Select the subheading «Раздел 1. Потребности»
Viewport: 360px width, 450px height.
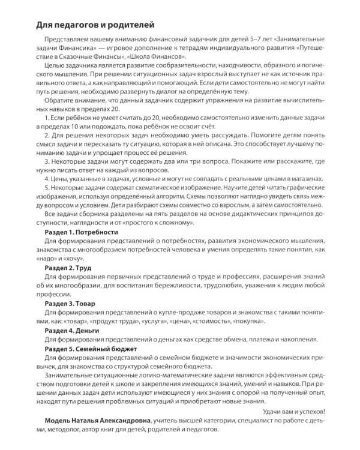[x=83, y=232]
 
